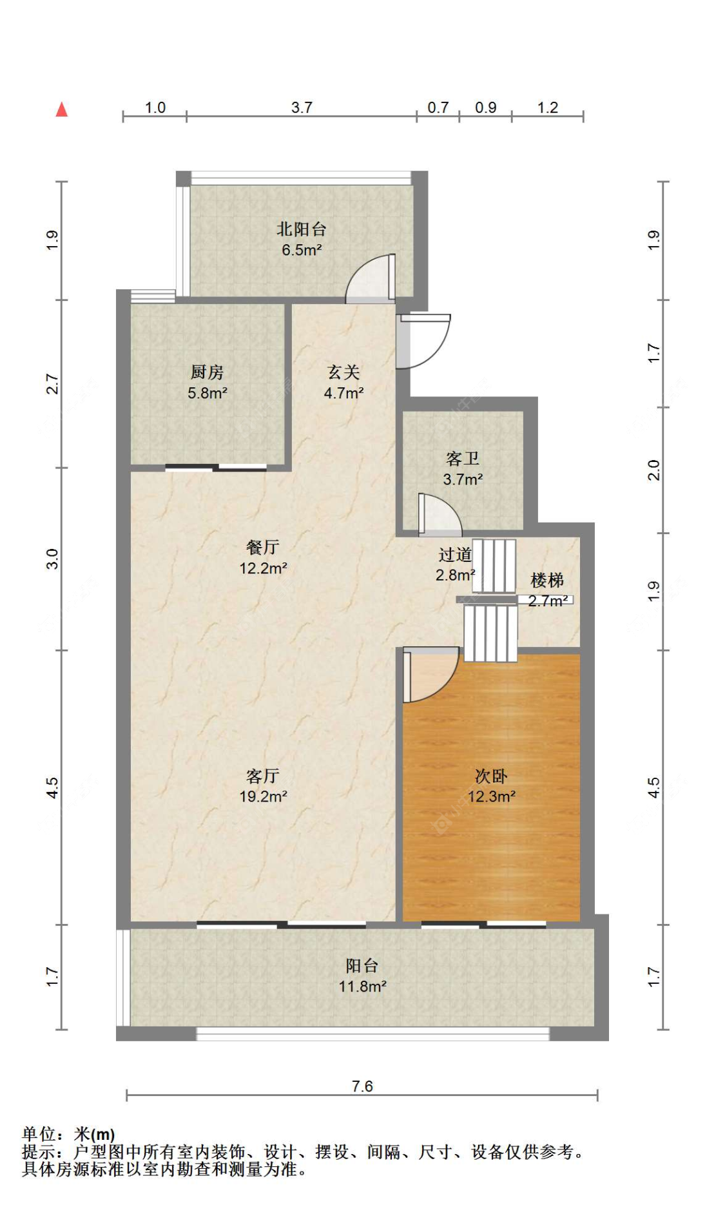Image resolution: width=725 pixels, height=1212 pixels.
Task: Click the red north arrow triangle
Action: tap(62, 110)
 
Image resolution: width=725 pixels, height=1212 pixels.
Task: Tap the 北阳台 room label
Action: tap(301, 229)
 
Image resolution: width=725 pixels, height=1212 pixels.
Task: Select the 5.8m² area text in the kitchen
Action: tap(207, 393)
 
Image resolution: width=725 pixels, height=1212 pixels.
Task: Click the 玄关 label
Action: tap(343, 372)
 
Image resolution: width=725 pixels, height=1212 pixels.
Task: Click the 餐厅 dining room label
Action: tap(262, 548)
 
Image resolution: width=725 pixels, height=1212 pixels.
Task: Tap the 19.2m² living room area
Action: tap(263, 796)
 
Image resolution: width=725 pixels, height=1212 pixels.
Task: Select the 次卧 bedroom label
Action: tap(491, 776)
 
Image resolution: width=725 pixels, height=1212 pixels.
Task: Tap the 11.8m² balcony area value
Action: tap(362, 986)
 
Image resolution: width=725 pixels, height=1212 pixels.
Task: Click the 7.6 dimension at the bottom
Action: tap(362, 1086)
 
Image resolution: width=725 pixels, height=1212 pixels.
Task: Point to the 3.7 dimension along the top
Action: tap(302, 108)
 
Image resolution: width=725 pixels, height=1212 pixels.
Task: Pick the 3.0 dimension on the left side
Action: tap(52, 559)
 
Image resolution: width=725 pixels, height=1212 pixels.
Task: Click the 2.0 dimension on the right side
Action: tap(653, 470)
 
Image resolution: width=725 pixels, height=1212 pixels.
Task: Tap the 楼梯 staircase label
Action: tap(547, 581)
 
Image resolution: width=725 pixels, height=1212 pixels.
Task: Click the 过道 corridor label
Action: tap(455, 555)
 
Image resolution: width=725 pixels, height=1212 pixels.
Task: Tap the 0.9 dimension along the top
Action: tap(485, 108)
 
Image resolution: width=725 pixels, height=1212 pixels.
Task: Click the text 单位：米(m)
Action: tap(68, 1133)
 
